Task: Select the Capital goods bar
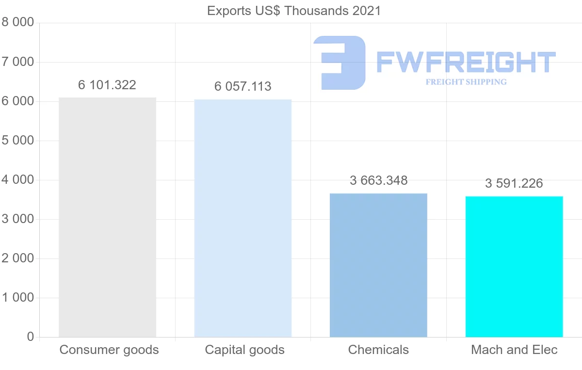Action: (242, 218)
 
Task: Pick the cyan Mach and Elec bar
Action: (514, 267)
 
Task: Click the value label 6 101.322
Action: (107, 85)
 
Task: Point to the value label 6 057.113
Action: (243, 87)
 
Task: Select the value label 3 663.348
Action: (378, 181)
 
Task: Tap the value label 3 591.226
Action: (514, 184)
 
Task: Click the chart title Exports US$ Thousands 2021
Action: (294, 11)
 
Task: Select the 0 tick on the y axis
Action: (30, 337)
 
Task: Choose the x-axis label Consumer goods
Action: (109, 350)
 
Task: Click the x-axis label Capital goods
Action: (245, 350)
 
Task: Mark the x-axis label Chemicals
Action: (378, 350)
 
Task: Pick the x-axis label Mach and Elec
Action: (514, 350)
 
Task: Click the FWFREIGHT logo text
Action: (466, 62)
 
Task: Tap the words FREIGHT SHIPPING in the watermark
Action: (466, 82)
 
